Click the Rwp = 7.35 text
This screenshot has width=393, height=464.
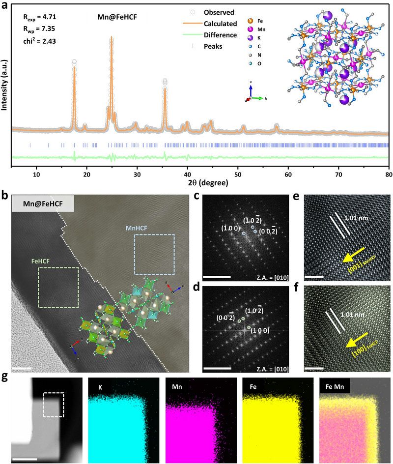[39, 29]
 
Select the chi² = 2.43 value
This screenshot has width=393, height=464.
[39, 41]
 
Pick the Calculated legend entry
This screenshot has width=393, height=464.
[220, 24]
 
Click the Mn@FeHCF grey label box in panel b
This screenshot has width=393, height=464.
[42, 203]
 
